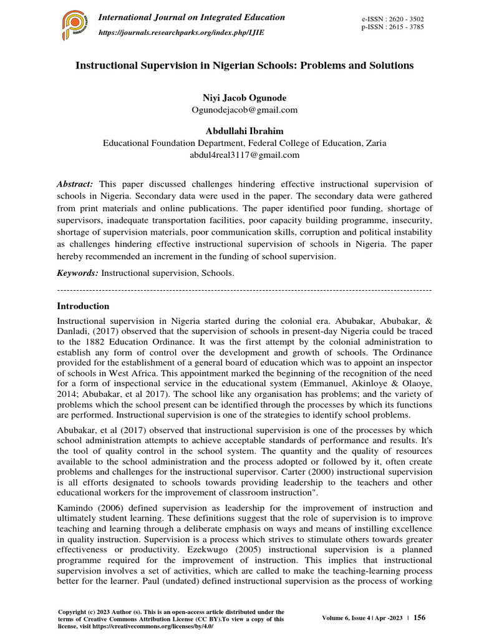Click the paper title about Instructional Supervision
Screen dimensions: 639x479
click(x=244, y=66)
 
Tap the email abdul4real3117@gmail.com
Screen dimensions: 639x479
click(x=244, y=155)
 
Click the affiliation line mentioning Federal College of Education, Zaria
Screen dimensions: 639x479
click(x=244, y=143)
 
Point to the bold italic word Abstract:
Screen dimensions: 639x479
click(x=75, y=184)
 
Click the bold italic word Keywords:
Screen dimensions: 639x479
click(x=77, y=273)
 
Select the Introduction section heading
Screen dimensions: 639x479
click(x=83, y=306)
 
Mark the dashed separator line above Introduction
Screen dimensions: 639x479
click(x=244, y=291)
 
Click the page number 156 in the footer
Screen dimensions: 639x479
click(x=420, y=617)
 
